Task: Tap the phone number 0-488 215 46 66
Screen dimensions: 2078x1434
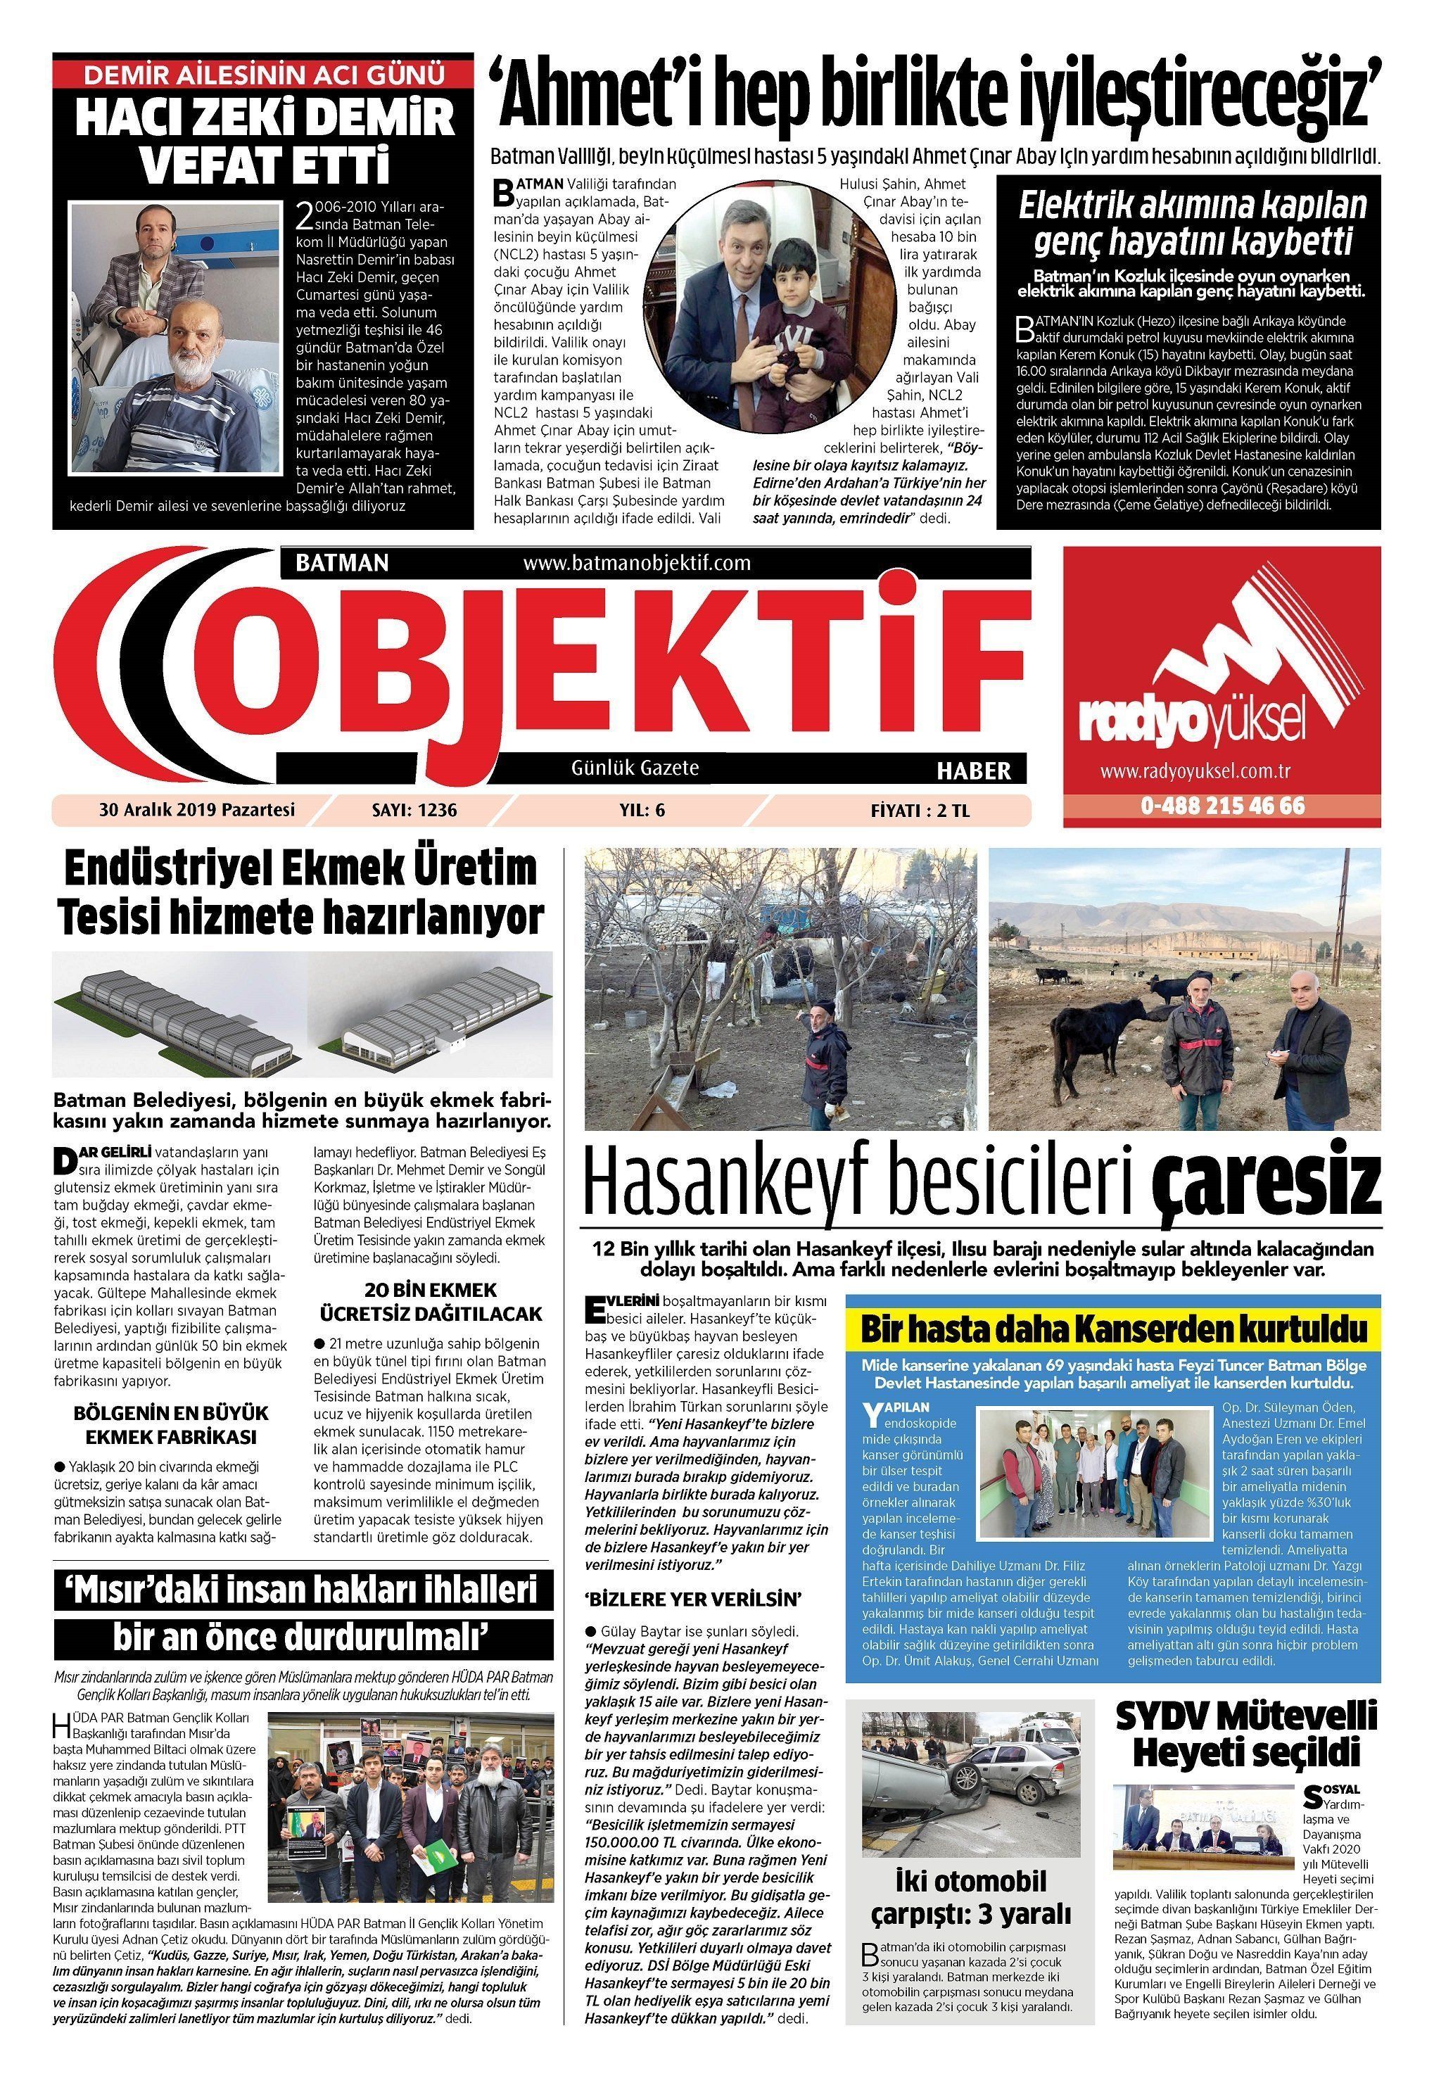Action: click(x=1222, y=805)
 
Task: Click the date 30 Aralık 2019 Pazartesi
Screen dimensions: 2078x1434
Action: click(x=197, y=809)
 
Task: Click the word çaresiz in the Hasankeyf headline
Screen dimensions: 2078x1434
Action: click(x=1267, y=1182)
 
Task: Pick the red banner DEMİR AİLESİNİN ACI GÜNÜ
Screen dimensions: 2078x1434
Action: click(x=262, y=74)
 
